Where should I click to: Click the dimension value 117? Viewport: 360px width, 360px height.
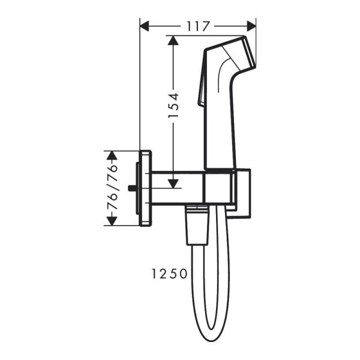(x=197, y=26)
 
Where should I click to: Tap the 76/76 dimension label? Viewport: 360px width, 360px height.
(x=110, y=188)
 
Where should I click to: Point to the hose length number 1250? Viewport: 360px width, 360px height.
(x=169, y=274)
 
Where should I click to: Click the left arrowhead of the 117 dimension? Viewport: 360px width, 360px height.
(x=145, y=26)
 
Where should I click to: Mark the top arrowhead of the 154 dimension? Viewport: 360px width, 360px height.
(x=173, y=41)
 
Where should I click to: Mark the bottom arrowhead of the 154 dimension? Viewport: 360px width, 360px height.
(x=173, y=182)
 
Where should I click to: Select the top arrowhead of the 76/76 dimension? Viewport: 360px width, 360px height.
(x=110, y=155)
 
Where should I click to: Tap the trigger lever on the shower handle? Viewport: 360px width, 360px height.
(x=201, y=90)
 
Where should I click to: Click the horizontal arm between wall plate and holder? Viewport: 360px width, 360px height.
(x=177, y=188)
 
